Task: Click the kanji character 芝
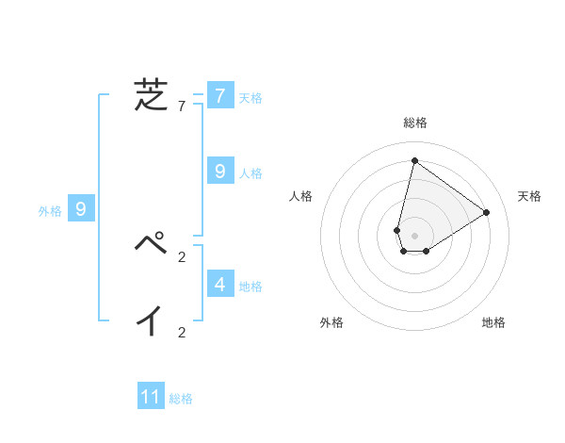pos(151,95)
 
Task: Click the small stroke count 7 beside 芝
pos(182,107)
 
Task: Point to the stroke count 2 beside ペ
pos(182,256)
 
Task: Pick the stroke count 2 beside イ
pos(182,332)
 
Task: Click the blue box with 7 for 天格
pos(220,95)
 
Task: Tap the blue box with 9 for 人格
pos(220,171)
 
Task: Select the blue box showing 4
pos(220,283)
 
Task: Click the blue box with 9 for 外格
pos(81,209)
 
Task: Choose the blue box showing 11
pos(151,397)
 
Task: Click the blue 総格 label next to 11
pos(181,399)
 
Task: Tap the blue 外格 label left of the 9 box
pos(50,211)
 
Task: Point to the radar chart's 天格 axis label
pos(529,196)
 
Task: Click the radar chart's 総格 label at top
pos(415,123)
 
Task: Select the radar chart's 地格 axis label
pos(493,322)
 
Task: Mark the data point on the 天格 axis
pos(487,212)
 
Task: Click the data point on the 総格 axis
pos(414,160)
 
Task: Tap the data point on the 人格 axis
pos(397,230)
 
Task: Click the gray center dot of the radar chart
pos(415,236)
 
